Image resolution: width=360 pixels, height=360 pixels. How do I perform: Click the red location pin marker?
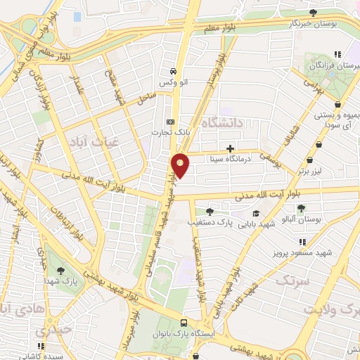(181, 165)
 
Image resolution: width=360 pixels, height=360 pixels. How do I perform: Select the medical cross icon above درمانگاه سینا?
(230, 148)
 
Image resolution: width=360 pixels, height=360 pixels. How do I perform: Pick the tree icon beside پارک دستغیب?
(210, 211)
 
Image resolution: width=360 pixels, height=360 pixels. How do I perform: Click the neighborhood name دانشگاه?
(221, 123)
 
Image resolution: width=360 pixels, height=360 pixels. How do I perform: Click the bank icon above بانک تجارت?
(169, 120)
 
